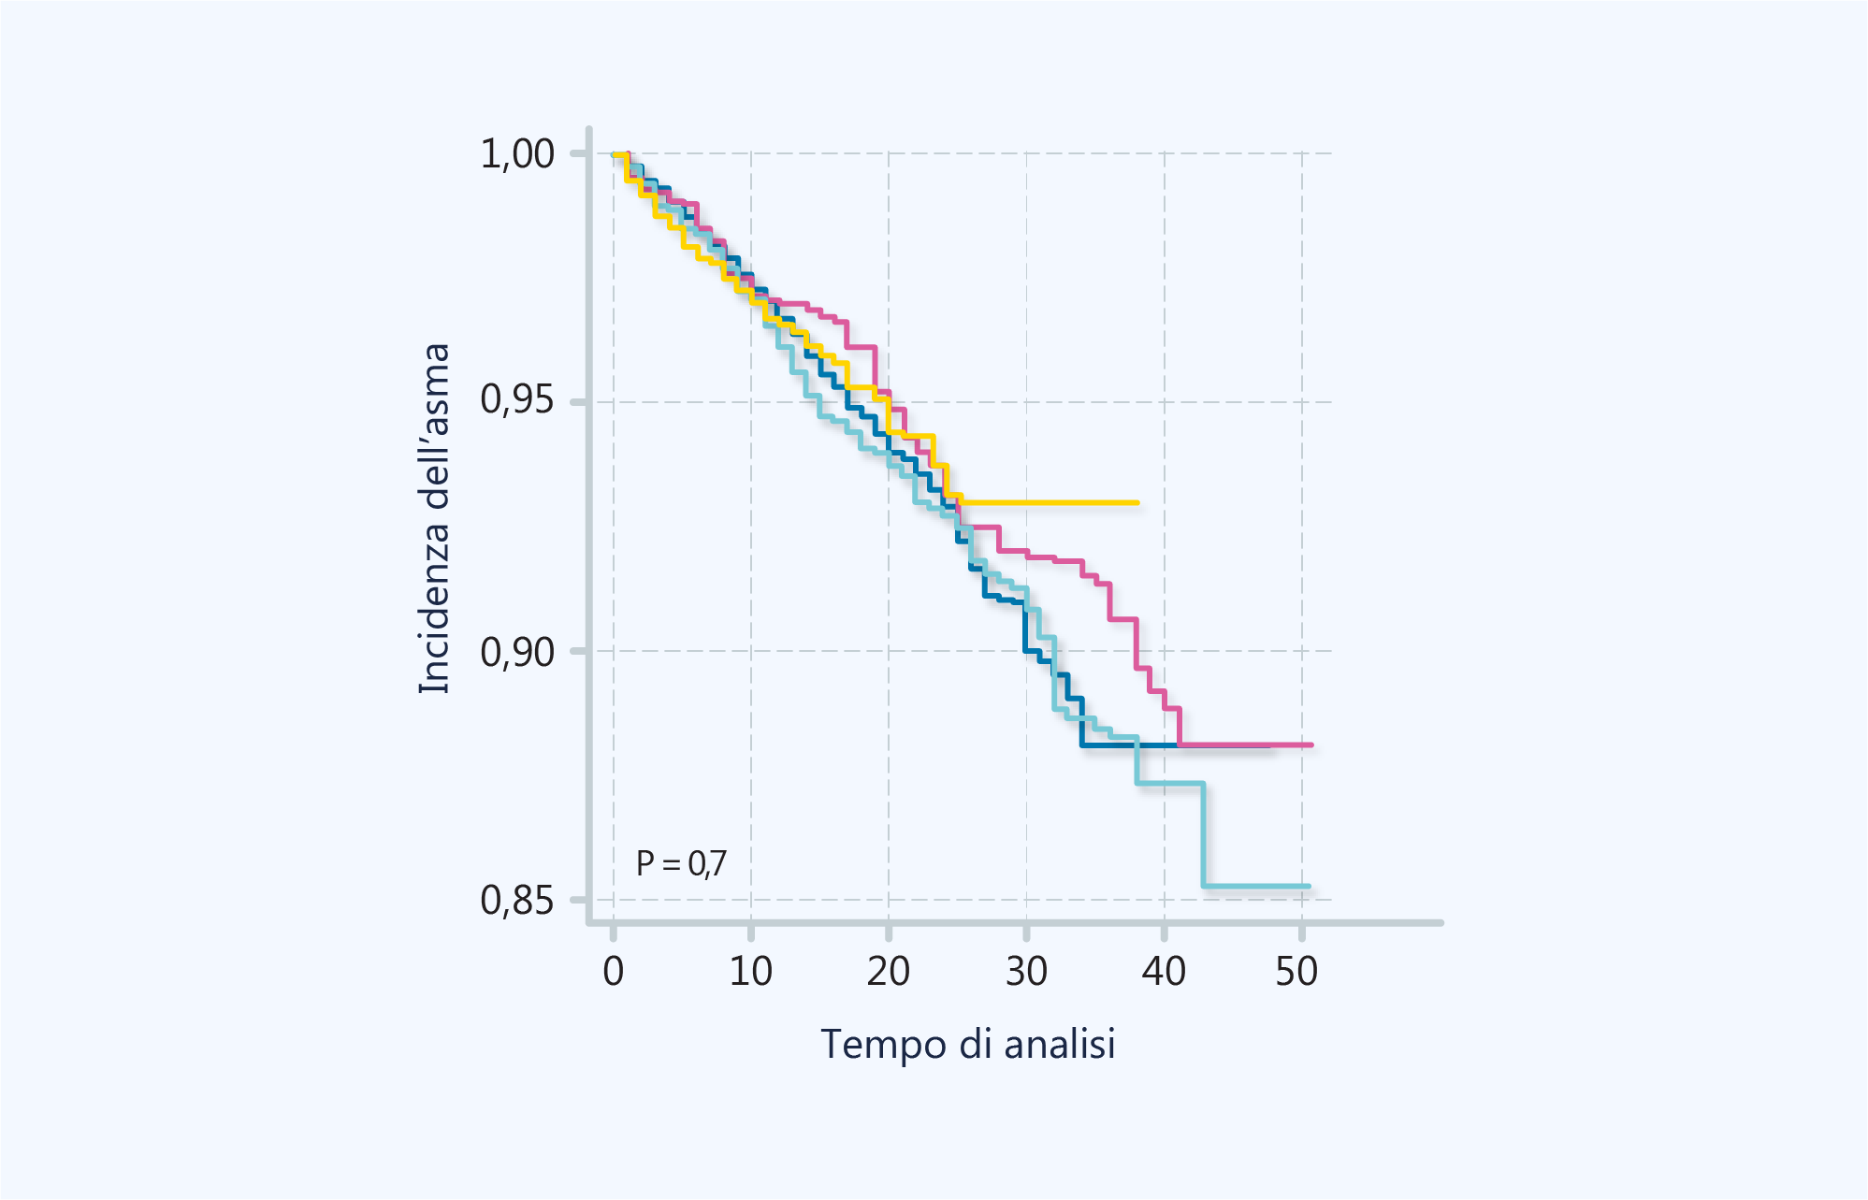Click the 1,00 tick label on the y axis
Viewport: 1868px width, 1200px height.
click(517, 153)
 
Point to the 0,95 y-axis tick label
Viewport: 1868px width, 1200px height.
click(517, 400)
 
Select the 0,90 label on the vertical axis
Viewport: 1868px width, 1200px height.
click(517, 651)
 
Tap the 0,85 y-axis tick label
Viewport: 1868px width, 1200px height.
click(517, 900)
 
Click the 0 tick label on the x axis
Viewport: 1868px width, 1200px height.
click(613, 972)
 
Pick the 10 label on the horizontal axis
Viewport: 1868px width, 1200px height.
click(750, 972)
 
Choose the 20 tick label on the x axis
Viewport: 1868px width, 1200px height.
click(888, 972)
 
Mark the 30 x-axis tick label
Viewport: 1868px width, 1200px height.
click(1026, 972)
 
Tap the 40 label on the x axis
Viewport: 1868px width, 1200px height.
click(1164, 972)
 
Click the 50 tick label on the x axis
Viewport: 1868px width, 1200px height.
click(1296, 972)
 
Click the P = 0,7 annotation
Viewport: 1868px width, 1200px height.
click(680, 863)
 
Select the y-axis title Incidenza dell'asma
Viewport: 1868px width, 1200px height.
click(435, 519)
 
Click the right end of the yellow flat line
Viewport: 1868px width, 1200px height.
click(1137, 503)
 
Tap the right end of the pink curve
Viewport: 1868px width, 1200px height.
click(1311, 745)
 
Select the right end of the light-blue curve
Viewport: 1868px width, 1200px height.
click(1309, 886)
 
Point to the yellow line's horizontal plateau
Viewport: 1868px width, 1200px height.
click(1048, 503)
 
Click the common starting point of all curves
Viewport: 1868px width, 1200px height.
click(615, 154)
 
